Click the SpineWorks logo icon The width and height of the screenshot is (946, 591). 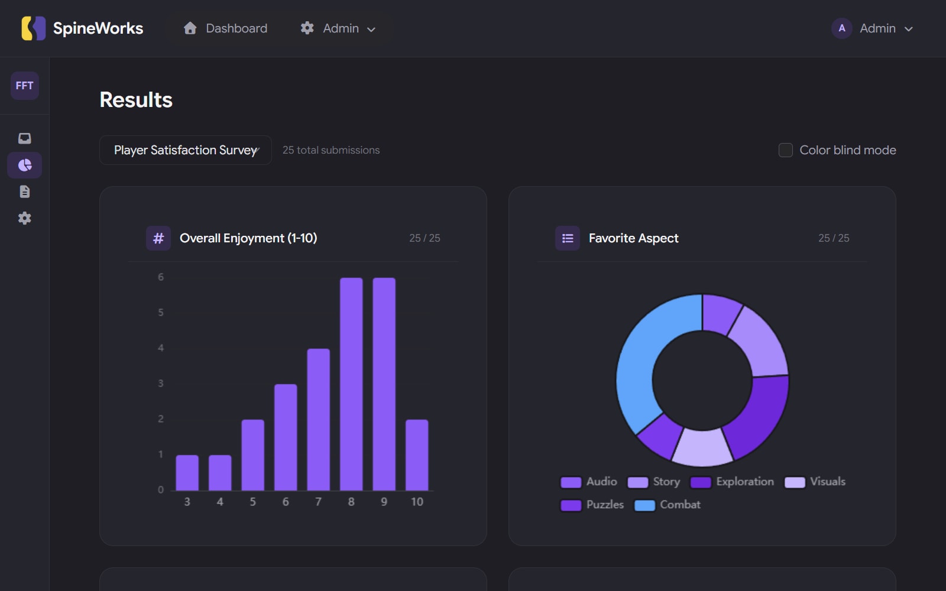[x=33, y=28]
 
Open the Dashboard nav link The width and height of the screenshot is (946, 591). [x=225, y=28]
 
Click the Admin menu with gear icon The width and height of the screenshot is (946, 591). [x=338, y=28]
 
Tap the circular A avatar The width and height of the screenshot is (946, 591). [x=841, y=28]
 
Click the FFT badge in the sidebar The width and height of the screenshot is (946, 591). [x=24, y=86]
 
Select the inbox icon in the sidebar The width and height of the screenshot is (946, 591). [x=24, y=138]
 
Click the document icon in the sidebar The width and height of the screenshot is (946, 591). [x=24, y=191]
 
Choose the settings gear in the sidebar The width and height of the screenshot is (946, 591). [x=24, y=218]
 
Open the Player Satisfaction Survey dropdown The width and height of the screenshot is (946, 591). [x=186, y=150]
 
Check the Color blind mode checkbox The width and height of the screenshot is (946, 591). [x=785, y=150]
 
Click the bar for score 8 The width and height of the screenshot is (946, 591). [x=351, y=384]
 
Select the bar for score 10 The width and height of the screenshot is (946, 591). [x=417, y=455]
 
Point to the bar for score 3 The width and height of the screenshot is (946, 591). [x=187, y=473]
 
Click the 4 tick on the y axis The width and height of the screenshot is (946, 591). [x=161, y=348]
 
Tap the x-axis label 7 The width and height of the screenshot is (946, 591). [x=318, y=502]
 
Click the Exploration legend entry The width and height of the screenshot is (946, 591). [x=732, y=482]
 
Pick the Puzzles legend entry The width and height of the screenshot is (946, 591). [x=592, y=505]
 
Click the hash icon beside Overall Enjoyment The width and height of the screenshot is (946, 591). [x=158, y=238]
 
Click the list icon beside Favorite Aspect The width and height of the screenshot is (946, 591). [x=568, y=238]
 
